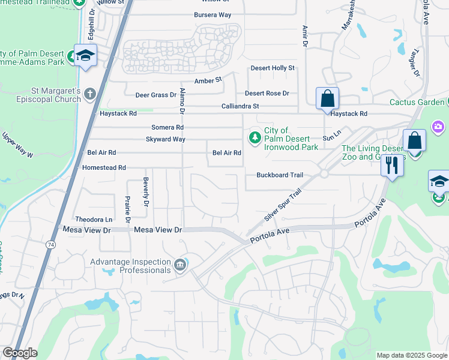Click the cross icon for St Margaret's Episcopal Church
[89, 94]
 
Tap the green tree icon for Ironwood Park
[255, 138]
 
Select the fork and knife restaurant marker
[391, 164]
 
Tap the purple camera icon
[438, 126]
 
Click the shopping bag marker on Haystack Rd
[327, 98]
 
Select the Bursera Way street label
[212, 14]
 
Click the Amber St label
[208, 80]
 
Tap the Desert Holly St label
[273, 68]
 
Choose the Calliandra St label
[240, 106]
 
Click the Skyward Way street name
[166, 139]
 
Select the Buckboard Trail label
[280, 175]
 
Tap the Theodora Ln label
[93, 220]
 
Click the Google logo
[20, 353]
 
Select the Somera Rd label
[167, 127]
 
